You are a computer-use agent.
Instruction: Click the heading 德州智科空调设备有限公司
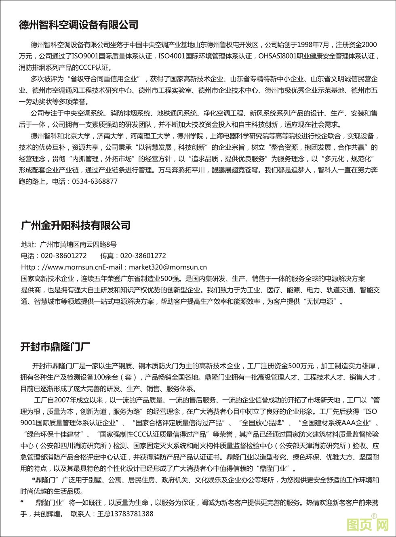click(x=79, y=25)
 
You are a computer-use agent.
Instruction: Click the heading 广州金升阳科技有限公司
click(x=76, y=225)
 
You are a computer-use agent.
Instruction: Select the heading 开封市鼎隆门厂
click(x=55, y=346)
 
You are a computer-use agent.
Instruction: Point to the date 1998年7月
click(x=314, y=45)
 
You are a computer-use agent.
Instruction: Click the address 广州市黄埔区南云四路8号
click(x=78, y=244)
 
